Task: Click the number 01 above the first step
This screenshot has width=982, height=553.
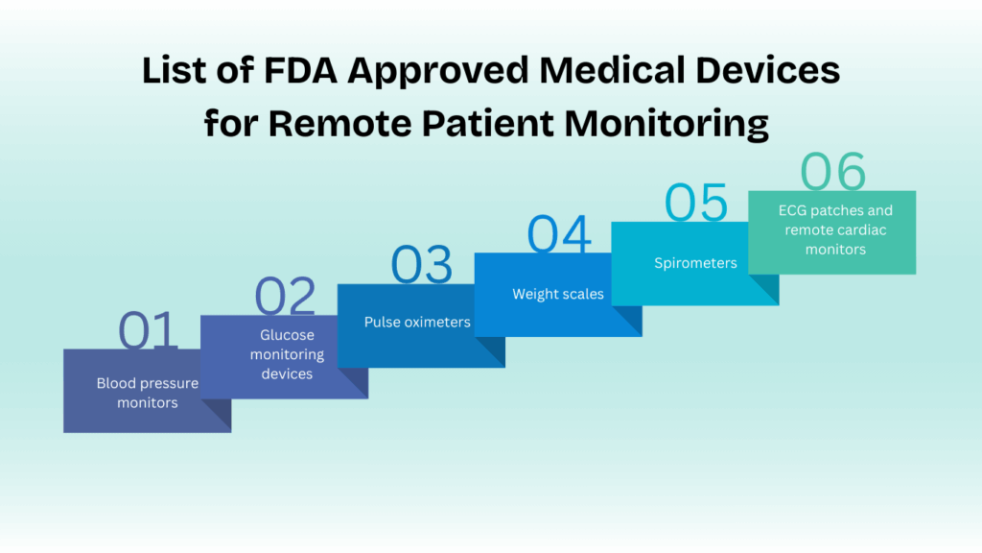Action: [x=148, y=329]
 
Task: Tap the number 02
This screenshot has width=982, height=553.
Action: [x=285, y=296]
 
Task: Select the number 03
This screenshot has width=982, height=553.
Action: [x=422, y=265]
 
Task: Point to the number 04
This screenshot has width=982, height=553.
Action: [x=559, y=234]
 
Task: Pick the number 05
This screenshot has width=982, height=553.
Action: [x=696, y=203]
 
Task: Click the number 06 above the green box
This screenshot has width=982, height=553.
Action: [x=833, y=171]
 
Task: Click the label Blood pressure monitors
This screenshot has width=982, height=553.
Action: [x=147, y=393]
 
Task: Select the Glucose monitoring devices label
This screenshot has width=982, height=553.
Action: [x=287, y=354]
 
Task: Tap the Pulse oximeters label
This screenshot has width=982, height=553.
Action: [x=417, y=322]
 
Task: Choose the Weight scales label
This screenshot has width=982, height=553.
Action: [x=558, y=294]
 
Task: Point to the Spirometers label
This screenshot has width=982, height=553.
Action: [x=695, y=263]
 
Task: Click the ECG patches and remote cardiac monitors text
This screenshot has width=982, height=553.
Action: [x=835, y=229]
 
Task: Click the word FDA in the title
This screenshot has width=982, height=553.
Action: [x=300, y=69]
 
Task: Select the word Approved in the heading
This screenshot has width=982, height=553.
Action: [x=438, y=71]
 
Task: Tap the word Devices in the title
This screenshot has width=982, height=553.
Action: [x=768, y=69]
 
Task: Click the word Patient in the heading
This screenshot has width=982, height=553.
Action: [x=487, y=123]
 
